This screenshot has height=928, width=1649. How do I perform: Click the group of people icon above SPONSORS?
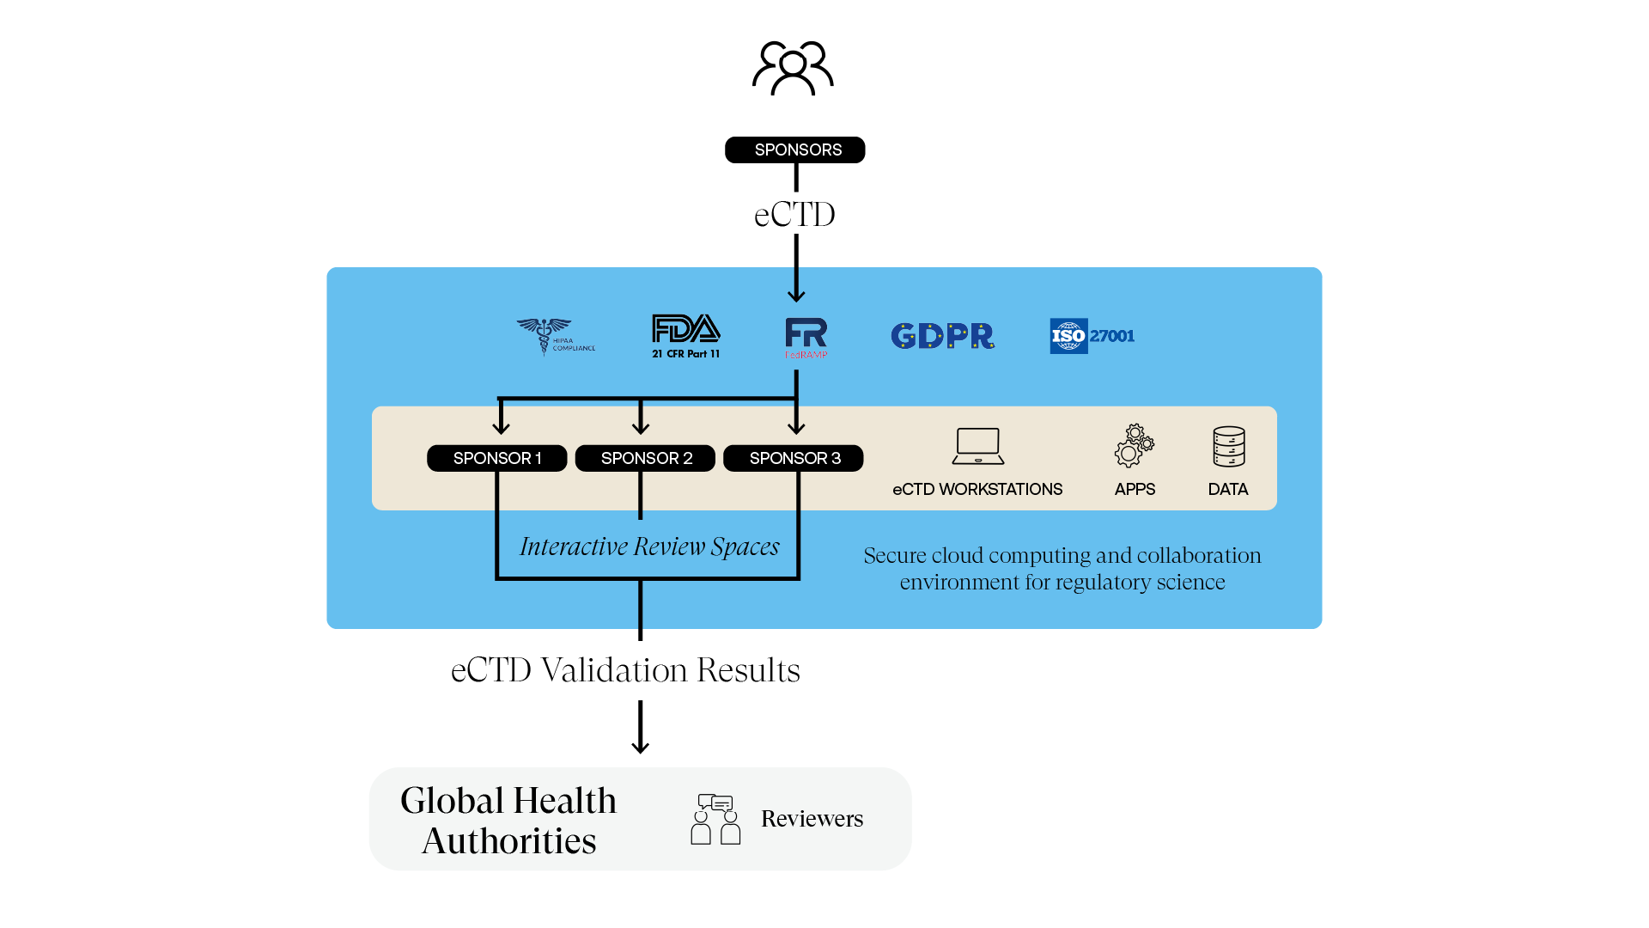coord(793,68)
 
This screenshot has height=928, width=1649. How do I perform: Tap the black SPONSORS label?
coord(795,150)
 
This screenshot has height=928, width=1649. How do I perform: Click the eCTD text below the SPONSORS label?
coord(794,215)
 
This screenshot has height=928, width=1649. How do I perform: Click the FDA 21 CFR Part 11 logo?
coord(685,336)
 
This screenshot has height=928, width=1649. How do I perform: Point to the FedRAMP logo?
coord(806,338)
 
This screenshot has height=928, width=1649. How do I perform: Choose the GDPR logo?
coord(942,336)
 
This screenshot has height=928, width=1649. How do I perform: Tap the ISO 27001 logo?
coord(1092,336)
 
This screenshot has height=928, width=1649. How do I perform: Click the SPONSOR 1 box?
coord(497,458)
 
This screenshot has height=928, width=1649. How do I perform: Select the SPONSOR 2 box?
coord(646,458)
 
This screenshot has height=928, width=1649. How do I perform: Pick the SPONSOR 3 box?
coord(794,458)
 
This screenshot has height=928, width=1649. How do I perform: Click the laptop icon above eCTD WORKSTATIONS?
coord(978,446)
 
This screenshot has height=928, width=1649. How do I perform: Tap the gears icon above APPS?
coord(1135,446)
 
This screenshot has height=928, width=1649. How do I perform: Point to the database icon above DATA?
coord(1228,447)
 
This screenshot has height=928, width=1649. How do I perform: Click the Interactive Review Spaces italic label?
coord(649,546)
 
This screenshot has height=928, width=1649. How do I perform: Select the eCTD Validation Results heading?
coord(625,670)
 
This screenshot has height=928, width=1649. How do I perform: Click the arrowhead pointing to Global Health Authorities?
coord(640,747)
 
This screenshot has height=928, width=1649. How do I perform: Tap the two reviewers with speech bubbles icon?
coord(715,819)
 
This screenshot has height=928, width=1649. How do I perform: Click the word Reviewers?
coord(812,819)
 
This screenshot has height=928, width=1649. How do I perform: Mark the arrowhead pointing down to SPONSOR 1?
coord(502,427)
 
